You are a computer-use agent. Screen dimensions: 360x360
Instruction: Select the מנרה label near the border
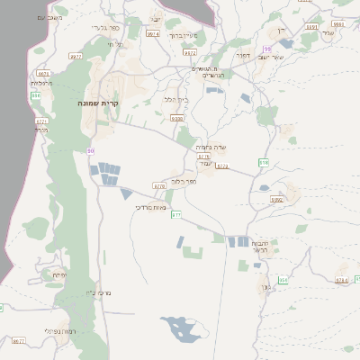point(40,130)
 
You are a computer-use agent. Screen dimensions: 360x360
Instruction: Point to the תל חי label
point(113,43)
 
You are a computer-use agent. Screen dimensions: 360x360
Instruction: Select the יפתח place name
point(59,274)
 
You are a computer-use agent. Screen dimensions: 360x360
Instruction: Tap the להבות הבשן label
point(262,247)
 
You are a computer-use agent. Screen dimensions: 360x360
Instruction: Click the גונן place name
point(265,288)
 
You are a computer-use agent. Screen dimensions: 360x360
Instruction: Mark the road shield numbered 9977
point(75,56)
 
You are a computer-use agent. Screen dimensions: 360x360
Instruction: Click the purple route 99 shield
point(266,49)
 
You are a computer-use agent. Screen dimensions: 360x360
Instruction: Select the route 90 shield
point(90,151)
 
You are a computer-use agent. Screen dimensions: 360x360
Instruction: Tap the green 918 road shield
point(264,162)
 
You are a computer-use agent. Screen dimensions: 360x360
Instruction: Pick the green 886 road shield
point(36,95)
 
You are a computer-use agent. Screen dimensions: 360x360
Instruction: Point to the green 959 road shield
point(283,280)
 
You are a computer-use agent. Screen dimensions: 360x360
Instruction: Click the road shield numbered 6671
point(44,73)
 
